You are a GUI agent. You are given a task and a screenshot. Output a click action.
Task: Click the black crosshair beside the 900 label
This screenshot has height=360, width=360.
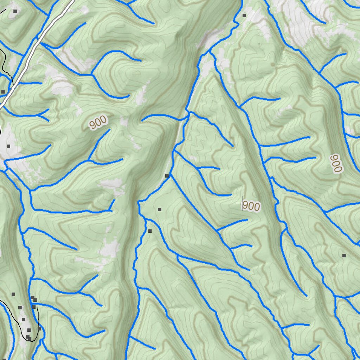[243, 203]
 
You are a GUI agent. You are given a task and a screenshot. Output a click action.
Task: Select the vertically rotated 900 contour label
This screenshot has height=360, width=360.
[336, 163]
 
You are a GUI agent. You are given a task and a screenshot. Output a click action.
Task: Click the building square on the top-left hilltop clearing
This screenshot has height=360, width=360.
[15, 11]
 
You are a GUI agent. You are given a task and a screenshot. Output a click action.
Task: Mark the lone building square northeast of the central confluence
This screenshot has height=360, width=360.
[244, 15]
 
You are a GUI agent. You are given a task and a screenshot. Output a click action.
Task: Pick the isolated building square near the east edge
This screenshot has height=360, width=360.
[344, 255]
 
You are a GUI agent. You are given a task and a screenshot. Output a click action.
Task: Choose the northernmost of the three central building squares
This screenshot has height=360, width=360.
[167, 175]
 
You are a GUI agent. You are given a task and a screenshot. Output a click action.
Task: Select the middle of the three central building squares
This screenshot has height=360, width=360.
[159, 210]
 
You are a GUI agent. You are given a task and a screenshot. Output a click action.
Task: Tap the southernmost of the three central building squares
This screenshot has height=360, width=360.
[150, 231]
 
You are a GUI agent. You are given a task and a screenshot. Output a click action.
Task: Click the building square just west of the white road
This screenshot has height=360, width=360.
[3, 91]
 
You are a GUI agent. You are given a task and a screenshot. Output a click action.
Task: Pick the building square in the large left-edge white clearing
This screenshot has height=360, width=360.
[8, 146]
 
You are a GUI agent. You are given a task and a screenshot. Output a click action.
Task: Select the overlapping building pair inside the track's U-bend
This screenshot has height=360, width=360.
[28, 338]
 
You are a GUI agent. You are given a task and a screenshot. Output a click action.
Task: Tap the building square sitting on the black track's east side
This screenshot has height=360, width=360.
[39, 328]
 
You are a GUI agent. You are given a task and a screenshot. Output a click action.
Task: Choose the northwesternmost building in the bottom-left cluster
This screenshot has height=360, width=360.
[13, 294]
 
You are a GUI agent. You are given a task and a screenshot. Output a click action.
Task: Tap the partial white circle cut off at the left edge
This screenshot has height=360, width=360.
[1, 132]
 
